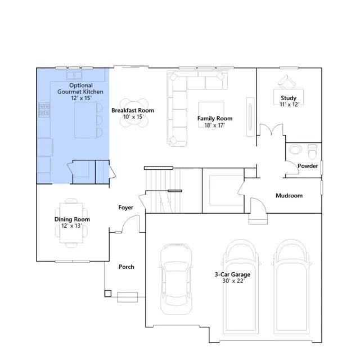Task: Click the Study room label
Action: coord(289,98)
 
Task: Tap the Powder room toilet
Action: coord(312,151)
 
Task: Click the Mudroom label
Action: coord(289,196)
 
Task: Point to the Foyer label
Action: coord(125,208)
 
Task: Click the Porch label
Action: coord(126,267)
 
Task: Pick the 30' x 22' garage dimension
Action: coord(233,281)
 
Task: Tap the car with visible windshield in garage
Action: coord(176,279)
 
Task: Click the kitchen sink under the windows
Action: coord(74,75)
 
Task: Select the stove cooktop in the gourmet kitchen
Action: coord(44,110)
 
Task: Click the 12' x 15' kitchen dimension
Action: coord(81,98)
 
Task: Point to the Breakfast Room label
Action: coord(133,110)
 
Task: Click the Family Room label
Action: coord(215,119)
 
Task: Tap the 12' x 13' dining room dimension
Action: coord(71,226)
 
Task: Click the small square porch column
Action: coord(108,294)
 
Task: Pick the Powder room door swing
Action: coord(292,168)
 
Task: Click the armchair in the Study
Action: coord(286,82)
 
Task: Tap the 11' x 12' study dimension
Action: coord(289,105)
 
